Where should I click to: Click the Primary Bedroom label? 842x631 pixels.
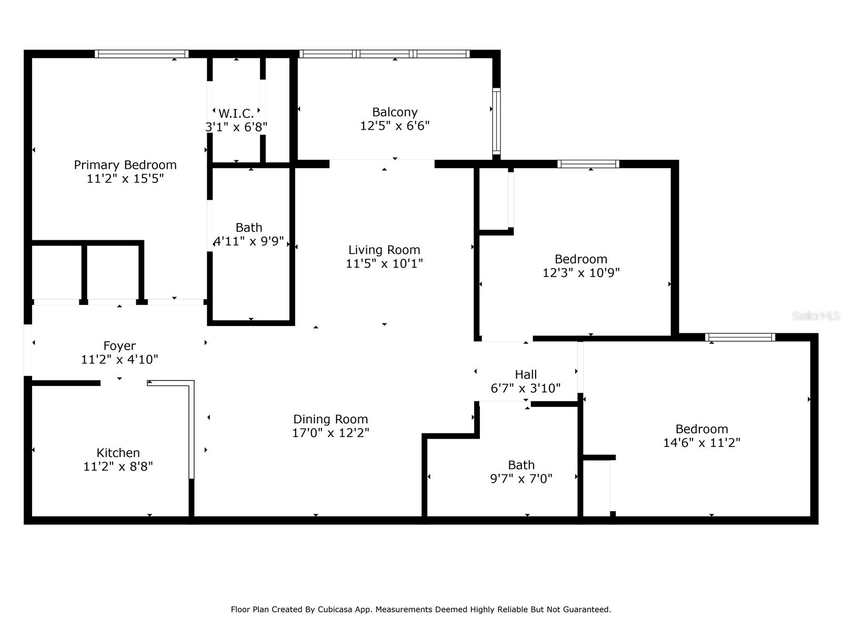click(125, 165)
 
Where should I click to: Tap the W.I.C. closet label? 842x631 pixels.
click(236, 113)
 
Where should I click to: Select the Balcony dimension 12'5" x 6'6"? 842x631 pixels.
click(395, 126)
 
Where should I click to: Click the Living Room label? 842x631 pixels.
click(384, 250)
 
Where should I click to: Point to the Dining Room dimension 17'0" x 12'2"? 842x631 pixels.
click(330, 433)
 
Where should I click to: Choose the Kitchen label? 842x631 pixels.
click(118, 453)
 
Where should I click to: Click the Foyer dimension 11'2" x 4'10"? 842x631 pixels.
click(119, 360)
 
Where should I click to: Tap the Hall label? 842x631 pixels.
click(526, 374)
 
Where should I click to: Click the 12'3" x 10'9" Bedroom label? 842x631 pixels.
click(581, 259)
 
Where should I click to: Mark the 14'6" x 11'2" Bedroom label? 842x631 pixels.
click(701, 429)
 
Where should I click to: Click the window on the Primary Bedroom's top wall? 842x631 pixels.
click(142, 54)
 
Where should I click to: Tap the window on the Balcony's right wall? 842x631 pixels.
click(496, 121)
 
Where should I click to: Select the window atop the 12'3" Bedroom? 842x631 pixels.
click(588, 164)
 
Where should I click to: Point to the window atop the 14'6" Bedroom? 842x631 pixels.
click(740, 337)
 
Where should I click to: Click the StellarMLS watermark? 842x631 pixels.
click(816, 315)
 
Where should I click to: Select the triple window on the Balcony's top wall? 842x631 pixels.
click(384, 54)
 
